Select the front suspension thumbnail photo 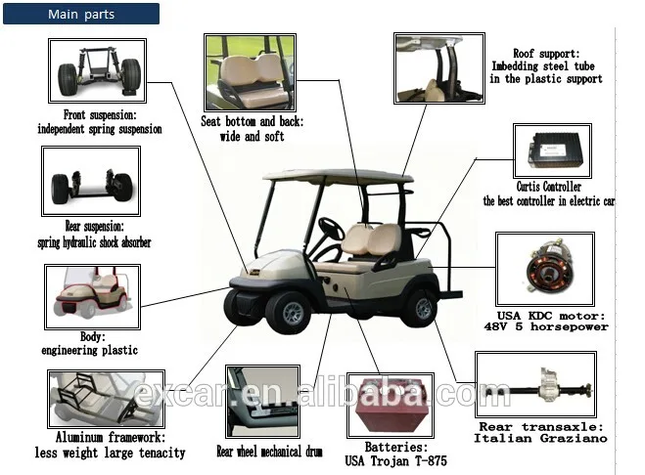pos(97,70)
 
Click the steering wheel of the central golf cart pos(329,232)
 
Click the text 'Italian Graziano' pos(541,438)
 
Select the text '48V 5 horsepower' pos(554,326)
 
